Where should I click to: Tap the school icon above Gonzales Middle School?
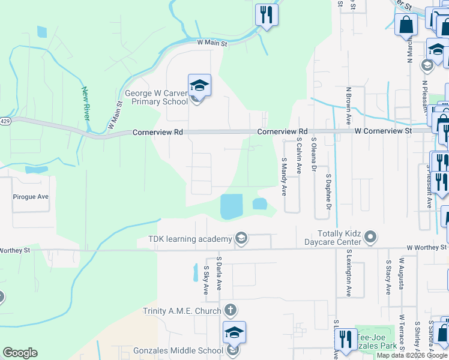coord(234,332)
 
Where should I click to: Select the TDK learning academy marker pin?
coord(241,239)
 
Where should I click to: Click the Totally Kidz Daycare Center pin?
coord(370,238)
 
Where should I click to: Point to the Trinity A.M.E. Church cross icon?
coord(229,311)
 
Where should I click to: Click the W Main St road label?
coord(213,43)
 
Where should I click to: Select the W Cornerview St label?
coord(383,130)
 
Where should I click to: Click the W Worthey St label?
coord(427,247)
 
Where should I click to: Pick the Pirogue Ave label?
coord(31,196)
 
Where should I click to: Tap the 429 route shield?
coord(5,121)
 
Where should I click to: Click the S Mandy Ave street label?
coord(284,176)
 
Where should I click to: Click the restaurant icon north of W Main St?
coord(267,14)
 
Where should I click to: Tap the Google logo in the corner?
coord(20,352)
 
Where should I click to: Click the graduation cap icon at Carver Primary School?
coord(199,85)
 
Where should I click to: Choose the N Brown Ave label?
coord(348,106)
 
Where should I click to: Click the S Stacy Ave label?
coord(389,277)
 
